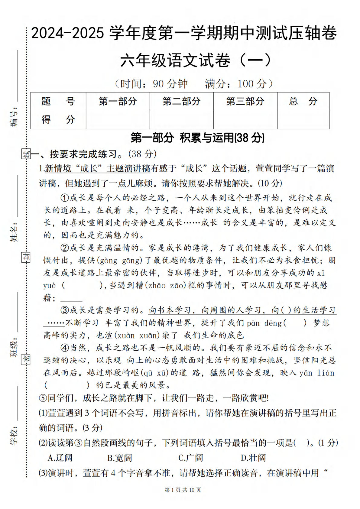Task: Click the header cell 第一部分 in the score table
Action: [x=118, y=101]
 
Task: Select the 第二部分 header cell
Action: [x=181, y=101]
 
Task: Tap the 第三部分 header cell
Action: [x=245, y=101]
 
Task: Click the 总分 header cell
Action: [x=303, y=101]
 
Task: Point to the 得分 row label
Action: [x=58, y=119]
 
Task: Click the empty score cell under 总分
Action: [x=303, y=119]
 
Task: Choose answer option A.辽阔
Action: [x=60, y=458]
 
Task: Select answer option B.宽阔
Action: [x=120, y=458]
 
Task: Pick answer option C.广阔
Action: [x=190, y=458]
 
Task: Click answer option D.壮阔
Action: [x=253, y=458]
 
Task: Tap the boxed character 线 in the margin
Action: [x=26, y=154]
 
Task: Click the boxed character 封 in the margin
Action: [x=26, y=257]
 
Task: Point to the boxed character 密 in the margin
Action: [x=26, y=360]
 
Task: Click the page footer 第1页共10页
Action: [x=183, y=490]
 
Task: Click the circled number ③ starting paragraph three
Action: [x=65, y=310]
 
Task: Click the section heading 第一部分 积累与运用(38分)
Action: [x=197, y=138]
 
